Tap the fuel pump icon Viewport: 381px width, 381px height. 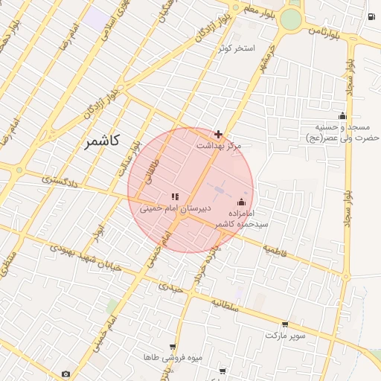[371, 16]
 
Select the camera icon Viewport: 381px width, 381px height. [66, 374]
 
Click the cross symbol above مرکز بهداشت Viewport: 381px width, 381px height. [218, 134]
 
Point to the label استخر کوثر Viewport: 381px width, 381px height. [237, 49]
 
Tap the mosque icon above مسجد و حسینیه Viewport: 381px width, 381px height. [342, 115]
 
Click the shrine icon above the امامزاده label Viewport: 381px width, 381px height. [241, 202]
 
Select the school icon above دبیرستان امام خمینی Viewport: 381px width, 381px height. [175, 196]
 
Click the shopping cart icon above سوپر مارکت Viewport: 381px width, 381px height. [285, 324]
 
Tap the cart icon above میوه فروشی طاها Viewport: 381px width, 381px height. [173, 347]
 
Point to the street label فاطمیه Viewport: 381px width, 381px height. [274, 253]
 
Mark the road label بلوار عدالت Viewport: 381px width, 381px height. [128, 159]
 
